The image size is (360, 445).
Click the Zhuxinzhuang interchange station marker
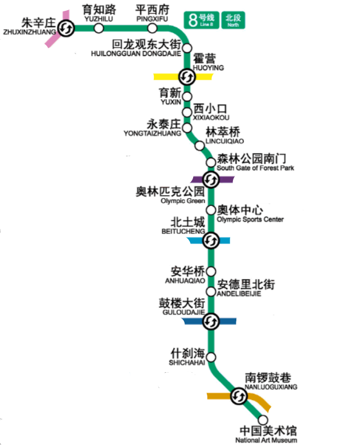point(66,28)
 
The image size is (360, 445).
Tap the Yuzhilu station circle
point(99,28)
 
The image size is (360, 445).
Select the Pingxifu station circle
point(151,28)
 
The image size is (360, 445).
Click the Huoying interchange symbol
point(186,76)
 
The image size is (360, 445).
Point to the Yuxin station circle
point(187,96)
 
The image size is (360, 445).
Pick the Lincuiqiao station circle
point(199,146)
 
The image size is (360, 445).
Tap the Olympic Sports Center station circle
point(211,210)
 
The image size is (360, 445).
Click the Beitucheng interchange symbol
point(211,241)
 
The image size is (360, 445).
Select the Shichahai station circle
point(211,357)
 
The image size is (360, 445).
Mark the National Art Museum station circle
point(263,420)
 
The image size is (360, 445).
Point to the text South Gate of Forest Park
point(255,168)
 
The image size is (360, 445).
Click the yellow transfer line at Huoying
point(165,76)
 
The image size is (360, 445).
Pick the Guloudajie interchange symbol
point(211,322)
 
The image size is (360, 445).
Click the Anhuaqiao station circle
point(211,271)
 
